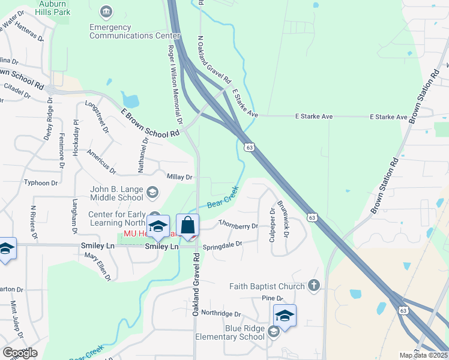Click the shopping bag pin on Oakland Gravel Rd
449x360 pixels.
tap(188, 226)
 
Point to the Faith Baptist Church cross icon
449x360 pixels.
tap(313, 286)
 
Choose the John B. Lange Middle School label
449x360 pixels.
tap(116, 193)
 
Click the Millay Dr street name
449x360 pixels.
tap(179, 177)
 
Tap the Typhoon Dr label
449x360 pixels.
tap(41, 182)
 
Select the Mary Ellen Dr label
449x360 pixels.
tap(98, 266)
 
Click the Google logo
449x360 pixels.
tap(20, 353)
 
